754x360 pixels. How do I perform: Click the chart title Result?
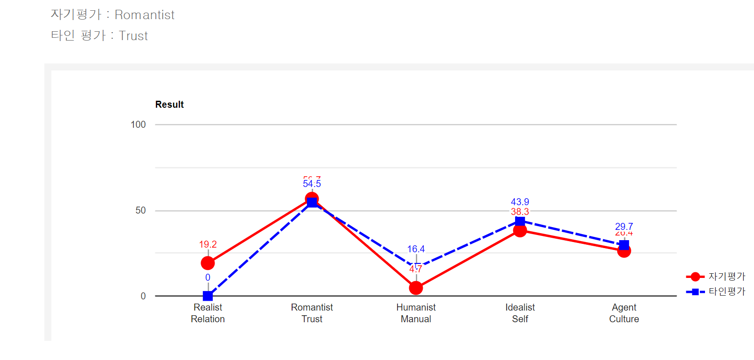click(169, 104)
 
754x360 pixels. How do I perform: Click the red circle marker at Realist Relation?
click(208, 263)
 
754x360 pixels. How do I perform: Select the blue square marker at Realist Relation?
click(208, 296)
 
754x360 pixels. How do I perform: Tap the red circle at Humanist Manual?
click(416, 288)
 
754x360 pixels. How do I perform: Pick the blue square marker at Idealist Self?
click(520, 221)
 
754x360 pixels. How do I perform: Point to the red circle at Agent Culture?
click(624, 251)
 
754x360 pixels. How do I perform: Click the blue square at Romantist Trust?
click(312, 202)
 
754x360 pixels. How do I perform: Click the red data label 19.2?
click(208, 244)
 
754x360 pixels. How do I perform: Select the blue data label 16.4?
click(416, 249)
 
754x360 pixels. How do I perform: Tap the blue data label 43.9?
click(520, 202)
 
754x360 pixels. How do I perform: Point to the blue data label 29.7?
click(624, 227)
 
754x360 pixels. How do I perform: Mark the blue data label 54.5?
click(312, 184)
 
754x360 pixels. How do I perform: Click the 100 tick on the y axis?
click(138, 125)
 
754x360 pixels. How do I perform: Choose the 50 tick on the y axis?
click(140, 210)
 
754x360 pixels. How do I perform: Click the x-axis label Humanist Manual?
click(416, 313)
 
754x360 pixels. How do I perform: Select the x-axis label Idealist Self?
click(520, 313)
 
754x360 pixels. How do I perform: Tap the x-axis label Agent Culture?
click(624, 313)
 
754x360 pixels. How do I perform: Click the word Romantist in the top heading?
click(145, 15)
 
